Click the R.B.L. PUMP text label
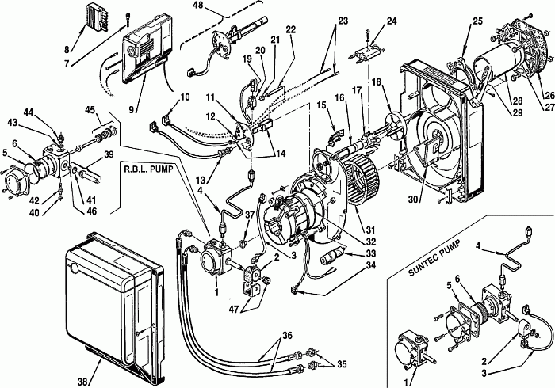tap(148, 169)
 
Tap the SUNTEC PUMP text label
tap(434, 258)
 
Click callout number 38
tap(82, 382)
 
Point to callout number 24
tap(391, 21)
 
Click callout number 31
tap(370, 230)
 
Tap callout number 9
tap(132, 110)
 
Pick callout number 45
tap(90, 110)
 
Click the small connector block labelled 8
tap(96, 17)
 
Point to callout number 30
tap(413, 200)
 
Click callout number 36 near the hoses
tap(287, 335)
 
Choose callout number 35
tap(341, 364)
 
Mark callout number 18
tap(377, 82)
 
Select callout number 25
tap(477, 21)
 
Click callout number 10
tap(184, 97)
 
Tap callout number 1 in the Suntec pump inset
tap(407, 382)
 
